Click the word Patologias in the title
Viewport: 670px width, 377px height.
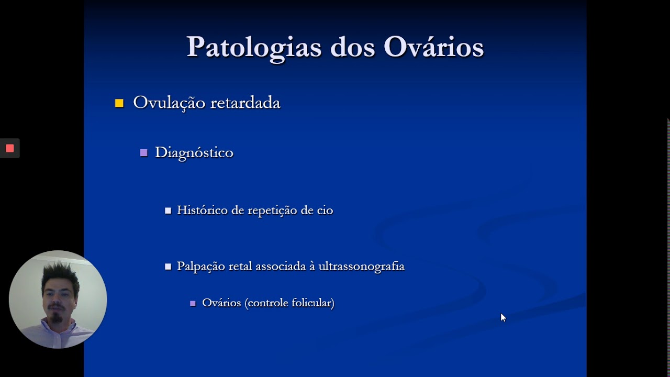coord(254,47)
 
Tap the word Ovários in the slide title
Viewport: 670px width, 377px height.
coord(433,47)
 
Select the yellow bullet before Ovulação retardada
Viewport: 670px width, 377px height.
coord(119,103)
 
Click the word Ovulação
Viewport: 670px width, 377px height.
coord(169,103)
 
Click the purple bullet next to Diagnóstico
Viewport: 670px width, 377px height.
coord(143,153)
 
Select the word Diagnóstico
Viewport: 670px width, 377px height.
coord(194,153)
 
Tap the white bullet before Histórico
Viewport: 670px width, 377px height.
coord(168,210)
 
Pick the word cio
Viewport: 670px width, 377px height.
coord(325,210)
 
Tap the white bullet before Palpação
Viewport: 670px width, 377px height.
coord(168,267)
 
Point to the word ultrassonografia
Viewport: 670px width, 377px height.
coord(361,267)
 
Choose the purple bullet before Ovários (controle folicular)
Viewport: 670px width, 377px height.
coord(193,303)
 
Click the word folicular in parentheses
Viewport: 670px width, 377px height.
coord(312,303)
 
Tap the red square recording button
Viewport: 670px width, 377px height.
coord(9,148)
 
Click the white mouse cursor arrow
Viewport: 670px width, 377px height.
coord(503,317)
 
